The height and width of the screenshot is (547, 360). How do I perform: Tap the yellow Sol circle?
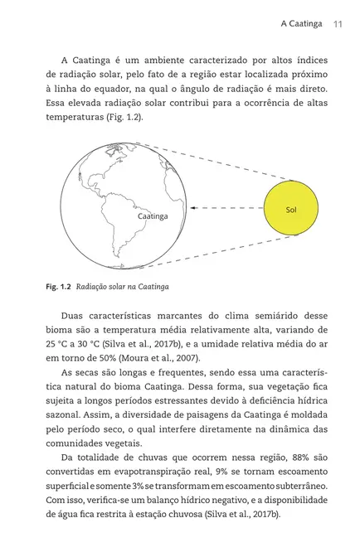[x=290, y=210]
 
